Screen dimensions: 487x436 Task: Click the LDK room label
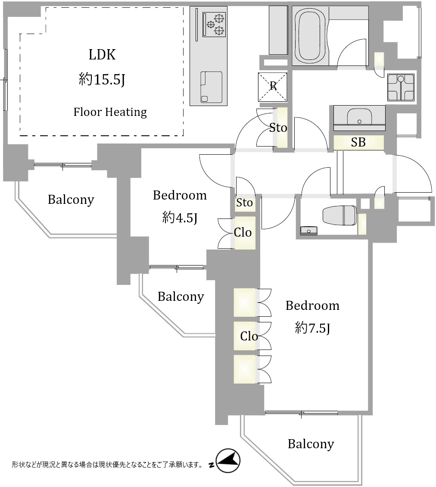point(102,55)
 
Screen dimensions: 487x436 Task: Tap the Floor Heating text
point(110,112)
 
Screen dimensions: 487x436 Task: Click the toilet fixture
point(339,215)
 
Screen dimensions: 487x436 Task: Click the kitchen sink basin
point(212,87)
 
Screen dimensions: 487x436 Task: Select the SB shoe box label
point(358,143)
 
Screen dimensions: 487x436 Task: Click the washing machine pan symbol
point(401,87)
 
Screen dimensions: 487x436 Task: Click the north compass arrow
point(227,462)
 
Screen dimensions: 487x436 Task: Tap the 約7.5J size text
point(313,328)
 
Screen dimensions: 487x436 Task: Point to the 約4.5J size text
point(180,218)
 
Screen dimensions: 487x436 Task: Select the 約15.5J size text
point(102,79)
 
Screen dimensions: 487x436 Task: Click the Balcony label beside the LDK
point(71,200)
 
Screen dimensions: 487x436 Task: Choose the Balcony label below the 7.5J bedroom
point(311,444)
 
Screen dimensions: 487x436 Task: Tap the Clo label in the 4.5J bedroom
point(243,233)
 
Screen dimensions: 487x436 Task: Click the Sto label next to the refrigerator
point(278,128)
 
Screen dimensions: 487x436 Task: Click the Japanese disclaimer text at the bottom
point(107,465)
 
